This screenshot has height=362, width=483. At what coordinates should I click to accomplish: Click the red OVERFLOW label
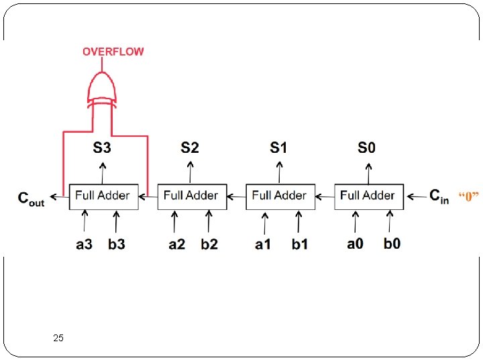click(x=113, y=52)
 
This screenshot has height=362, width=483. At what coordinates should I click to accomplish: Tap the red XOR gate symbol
click(x=102, y=88)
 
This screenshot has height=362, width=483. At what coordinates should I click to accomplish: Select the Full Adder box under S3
click(x=103, y=196)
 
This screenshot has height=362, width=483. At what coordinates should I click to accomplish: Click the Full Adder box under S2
click(x=191, y=196)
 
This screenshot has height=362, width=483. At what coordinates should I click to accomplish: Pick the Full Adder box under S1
click(x=280, y=196)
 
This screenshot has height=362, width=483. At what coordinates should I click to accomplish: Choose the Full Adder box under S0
click(x=368, y=196)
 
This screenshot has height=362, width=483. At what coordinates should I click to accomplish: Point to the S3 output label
click(x=102, y=147)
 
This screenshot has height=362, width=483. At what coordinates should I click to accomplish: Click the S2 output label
click(x=190, y=147)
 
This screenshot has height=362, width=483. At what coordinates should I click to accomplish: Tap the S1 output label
click(x=278, y=147)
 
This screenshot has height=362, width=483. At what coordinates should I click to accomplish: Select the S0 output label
click(x=367, y=147)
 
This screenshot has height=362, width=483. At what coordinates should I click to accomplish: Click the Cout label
click(x=31, y=198)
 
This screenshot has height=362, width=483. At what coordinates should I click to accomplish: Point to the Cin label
click(x=439, y=196)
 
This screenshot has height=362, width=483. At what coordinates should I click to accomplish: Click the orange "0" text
click(x=469, y=196)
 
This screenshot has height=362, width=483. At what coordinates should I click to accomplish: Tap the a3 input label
click(x=84, y=244)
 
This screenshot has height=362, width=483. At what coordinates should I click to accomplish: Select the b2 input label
click(x=209, y=244)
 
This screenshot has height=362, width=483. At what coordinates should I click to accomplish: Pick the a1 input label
click(x=263, y=244)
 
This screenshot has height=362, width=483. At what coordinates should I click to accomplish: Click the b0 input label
click(x=392, y=243)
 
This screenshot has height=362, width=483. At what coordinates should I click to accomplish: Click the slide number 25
click(x=58, y=339)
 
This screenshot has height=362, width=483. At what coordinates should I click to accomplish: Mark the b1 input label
click(x=300, y=244)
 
